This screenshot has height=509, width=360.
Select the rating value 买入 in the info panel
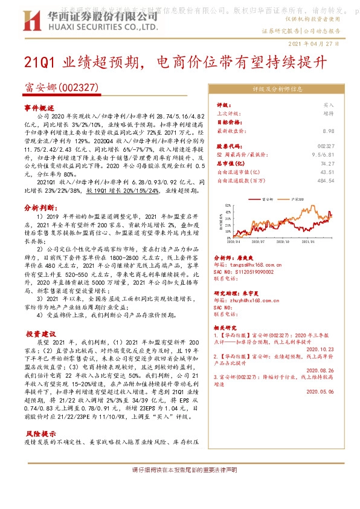329,105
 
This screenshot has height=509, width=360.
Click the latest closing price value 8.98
329,131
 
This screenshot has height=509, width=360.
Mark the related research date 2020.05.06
320,392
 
